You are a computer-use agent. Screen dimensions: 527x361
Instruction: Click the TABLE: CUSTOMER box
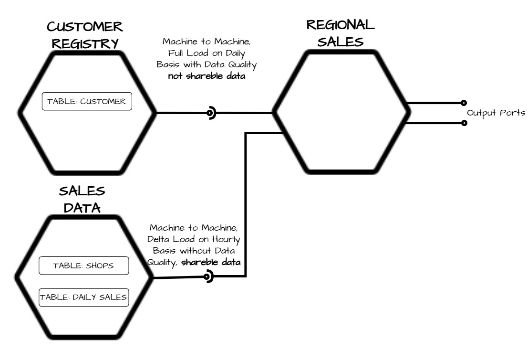(87, 101)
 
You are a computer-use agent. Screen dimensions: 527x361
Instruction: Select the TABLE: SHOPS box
(83, 265)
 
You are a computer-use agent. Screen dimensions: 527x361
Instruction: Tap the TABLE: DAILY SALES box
(83, 297)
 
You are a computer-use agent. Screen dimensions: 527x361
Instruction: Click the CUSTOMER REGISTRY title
(85, 35)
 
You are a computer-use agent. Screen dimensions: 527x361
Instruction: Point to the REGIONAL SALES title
(341, 33)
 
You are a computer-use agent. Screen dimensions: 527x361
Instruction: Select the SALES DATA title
(82, 199)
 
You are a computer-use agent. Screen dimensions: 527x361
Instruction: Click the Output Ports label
(496, 113)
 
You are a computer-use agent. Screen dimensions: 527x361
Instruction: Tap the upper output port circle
(464, 103)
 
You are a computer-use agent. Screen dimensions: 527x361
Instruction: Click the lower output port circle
(464, 123)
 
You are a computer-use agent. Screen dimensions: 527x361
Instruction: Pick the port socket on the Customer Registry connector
(210, 113)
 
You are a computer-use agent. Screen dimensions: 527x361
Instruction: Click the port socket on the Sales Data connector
(208, 276)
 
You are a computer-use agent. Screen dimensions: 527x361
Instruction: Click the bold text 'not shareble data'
(207, 76)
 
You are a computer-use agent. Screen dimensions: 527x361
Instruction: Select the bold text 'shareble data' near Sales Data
(211, 262)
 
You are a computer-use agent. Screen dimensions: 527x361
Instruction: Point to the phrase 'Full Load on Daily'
(207, 53)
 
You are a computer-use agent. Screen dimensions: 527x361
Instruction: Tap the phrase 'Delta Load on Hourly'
(194, 239)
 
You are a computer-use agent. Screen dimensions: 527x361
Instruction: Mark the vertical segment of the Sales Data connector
(246, 204)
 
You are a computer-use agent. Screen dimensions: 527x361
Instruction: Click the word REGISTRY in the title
(85, 43)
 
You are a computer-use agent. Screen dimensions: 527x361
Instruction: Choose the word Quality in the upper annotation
(242, 64)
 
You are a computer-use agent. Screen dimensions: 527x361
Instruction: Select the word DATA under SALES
(82, 208)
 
